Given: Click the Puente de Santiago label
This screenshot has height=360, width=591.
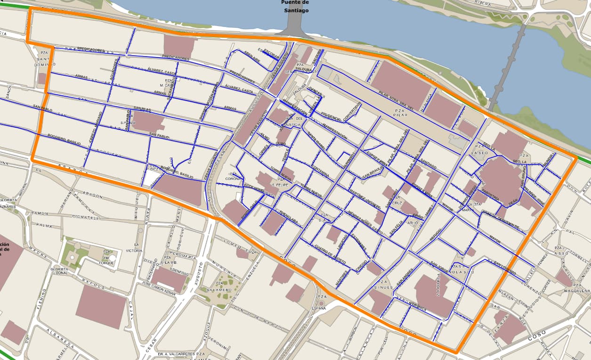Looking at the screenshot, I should pos(295,6).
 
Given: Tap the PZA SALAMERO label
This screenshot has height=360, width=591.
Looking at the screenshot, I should pos(219,286).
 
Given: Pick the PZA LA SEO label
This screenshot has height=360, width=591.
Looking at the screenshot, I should pos(480,150).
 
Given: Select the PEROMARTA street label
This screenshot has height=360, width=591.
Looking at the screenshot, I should pos(183,257).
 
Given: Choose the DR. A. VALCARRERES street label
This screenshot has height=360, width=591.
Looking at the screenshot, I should pos(177,354).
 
